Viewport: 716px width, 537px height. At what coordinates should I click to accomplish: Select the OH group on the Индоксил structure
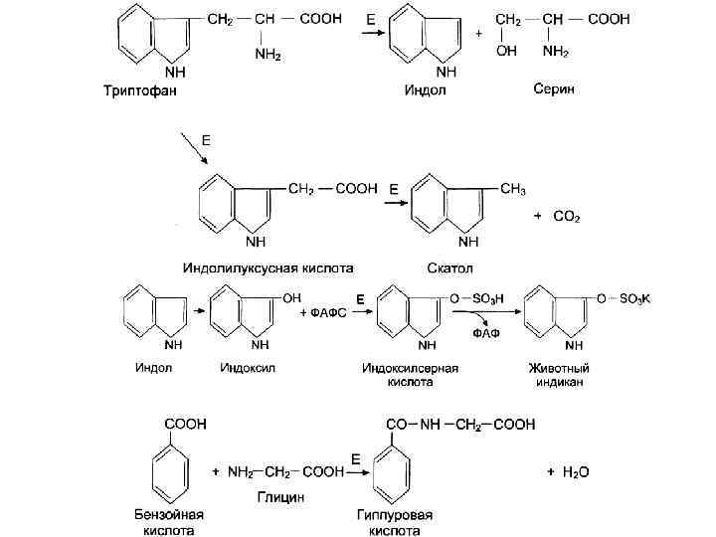[292, 296]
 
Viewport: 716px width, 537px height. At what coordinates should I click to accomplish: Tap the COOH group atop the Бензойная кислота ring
[186, 424]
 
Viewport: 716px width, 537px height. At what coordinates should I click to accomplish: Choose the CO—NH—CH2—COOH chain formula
[459, 425]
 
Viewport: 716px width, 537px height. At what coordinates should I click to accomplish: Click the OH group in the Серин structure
[506, 52]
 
